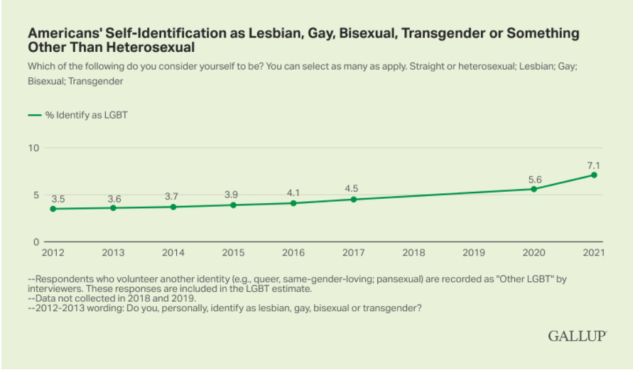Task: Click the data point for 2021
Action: click(x=594, y=175)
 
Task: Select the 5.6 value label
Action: click(x=534, y=180)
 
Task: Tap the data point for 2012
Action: click(x=52, y=209)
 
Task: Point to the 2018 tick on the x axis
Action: click(x=413, y=253)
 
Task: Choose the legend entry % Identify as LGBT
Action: click(x=78, y=114)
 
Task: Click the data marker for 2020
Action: click(x=534, y=189)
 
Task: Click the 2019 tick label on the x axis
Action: click(x=473, y=253)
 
